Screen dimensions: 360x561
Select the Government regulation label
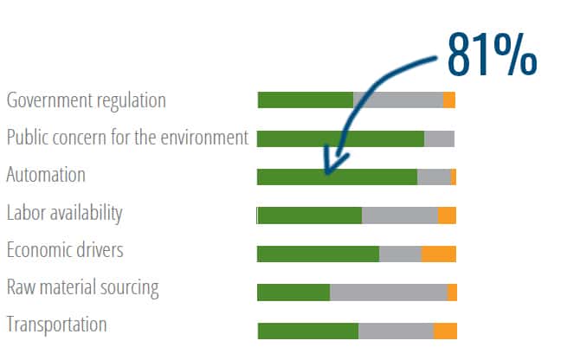[86, 100]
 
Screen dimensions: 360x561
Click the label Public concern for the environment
[127, 138]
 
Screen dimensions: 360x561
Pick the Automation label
[46, 175]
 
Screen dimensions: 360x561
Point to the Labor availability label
[64, 213]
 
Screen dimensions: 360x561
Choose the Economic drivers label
[65, 250]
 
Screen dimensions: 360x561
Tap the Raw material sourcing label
[82, 287]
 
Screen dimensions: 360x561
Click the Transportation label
[56, 325]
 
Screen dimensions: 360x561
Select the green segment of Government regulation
[305, 100]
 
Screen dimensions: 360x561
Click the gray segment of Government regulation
[397, 100]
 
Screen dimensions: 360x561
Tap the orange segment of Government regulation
[448, 100]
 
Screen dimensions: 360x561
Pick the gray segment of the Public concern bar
[439, 138]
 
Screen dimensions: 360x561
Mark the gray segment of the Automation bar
[434, 177]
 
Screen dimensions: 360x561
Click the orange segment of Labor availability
[447, 215]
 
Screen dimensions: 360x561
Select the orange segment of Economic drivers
[439, 254]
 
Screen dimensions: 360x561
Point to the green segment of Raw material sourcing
[293, 292]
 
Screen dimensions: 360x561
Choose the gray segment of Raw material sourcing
[389, 292]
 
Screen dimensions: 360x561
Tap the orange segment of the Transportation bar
[445, 331]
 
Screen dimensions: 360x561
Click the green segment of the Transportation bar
[308, 331]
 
